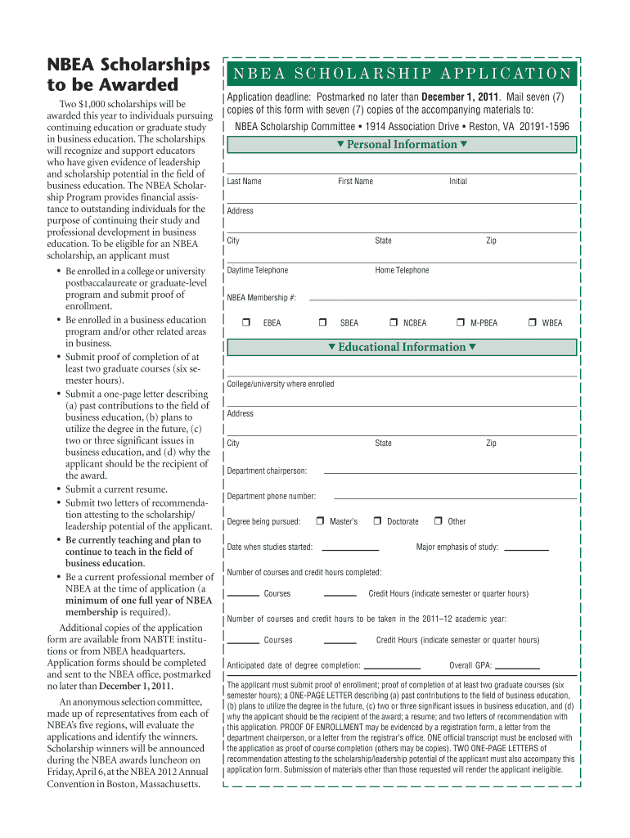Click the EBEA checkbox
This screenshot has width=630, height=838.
(x=245, y=322)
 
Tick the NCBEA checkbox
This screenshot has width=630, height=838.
(x=394, y=322)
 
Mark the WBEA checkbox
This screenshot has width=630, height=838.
(x=533, y=322)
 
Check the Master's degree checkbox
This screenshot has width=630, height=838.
(x=321, y=521)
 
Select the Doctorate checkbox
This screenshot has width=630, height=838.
(x=377, y=521)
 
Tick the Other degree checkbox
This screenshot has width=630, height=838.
(x=439, y=521)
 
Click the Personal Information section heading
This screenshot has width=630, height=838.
(x=402, y=145)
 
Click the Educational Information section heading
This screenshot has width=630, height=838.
(x=402, y=347)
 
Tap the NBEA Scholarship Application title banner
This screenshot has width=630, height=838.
(x=402, y=74)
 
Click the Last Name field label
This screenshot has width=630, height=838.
(x=245, y=181)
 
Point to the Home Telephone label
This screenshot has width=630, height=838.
(x=402, y=270)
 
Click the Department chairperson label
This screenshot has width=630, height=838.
(x=267, y=471)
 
